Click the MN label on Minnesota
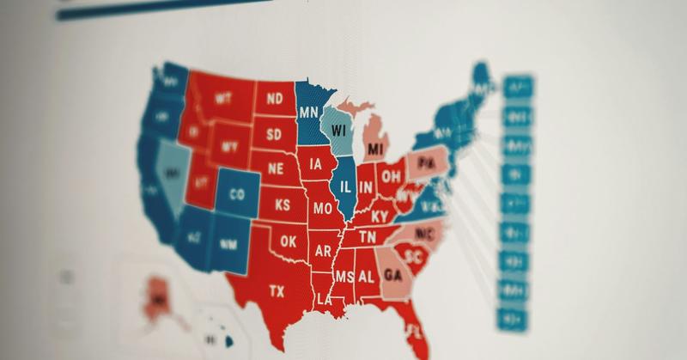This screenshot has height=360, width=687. point(309,112)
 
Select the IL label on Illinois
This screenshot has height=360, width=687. point(345,186)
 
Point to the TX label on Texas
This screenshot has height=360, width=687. point(276,291)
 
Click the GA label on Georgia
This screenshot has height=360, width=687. point(393,275)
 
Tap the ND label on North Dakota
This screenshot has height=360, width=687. point(275,99)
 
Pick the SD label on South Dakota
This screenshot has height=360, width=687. point(274,134)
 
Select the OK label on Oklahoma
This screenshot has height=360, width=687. point(288,242)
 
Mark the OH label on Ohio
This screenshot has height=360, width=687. point(391,177)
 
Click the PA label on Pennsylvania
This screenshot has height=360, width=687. point(425,162)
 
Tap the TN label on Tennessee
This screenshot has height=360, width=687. point(368,236)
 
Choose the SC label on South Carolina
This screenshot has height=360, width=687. point(413,257)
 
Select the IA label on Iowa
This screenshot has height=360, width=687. point(318,163)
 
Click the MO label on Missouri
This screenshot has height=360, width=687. point(322,208)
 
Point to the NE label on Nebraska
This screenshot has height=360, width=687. point(275,168)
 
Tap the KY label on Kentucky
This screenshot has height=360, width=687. point(380,216)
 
